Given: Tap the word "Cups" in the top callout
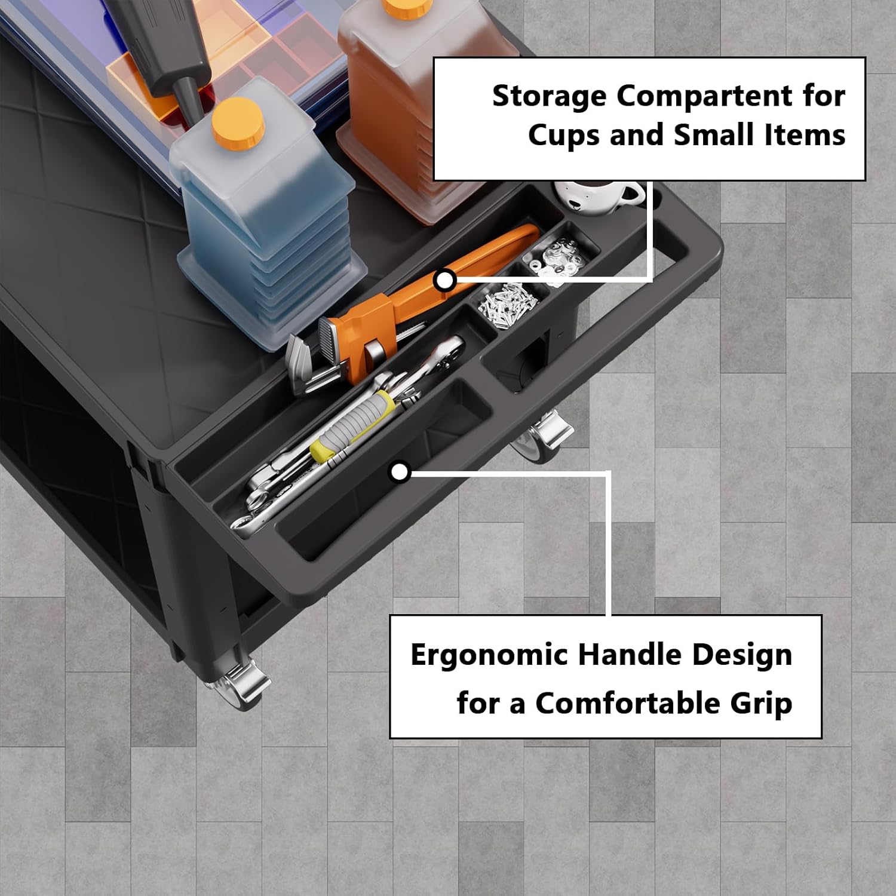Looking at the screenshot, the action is click(563, 136).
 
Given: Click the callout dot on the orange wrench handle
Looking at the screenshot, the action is click(445, 280).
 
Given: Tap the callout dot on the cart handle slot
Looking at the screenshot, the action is click(400, 472).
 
